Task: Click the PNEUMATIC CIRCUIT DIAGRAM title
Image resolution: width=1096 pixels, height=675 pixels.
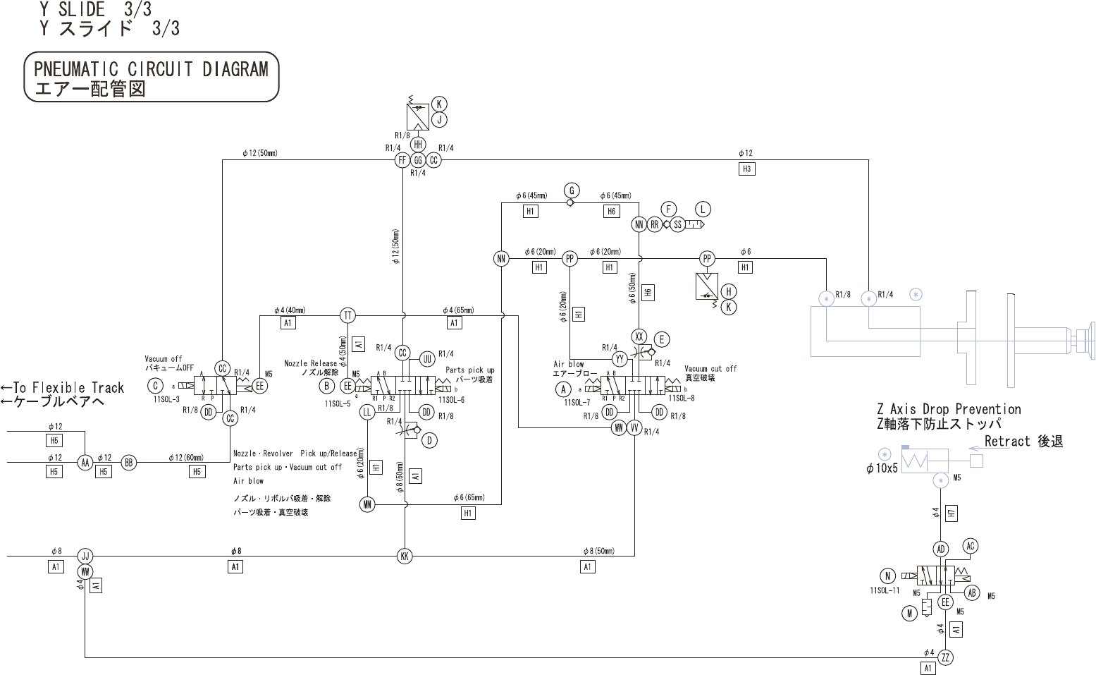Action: (151, 68)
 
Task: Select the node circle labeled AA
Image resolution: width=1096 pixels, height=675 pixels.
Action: (85, 463)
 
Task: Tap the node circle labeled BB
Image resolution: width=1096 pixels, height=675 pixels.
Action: (128, 463)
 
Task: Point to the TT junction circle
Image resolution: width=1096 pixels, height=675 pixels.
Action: (347, 315)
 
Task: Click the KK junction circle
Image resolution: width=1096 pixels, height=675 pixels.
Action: (405, 556)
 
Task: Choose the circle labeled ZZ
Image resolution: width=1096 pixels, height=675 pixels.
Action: (946, 657)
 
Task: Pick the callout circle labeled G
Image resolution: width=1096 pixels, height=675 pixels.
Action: (572, 190)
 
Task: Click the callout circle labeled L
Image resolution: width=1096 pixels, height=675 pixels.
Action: (703, 209)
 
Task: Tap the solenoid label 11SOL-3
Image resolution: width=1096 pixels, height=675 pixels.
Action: (166, 399)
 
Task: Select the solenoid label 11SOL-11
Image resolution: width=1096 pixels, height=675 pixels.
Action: (885, 590)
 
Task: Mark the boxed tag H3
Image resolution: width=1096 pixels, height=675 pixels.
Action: (746, 169)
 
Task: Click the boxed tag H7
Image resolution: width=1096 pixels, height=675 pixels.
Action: (952, 513)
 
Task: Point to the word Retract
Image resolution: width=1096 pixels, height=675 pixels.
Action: (1007, 442)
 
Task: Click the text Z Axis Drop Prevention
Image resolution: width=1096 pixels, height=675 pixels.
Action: (949, 409)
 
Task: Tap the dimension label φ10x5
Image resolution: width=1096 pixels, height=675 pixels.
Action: (882, 468)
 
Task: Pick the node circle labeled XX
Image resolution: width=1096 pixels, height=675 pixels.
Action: (639, 336)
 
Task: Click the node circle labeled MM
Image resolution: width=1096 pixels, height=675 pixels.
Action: (367, 504)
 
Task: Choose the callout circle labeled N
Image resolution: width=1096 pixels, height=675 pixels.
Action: (888, 575)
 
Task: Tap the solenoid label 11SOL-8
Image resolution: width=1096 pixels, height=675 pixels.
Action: (681, 398)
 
